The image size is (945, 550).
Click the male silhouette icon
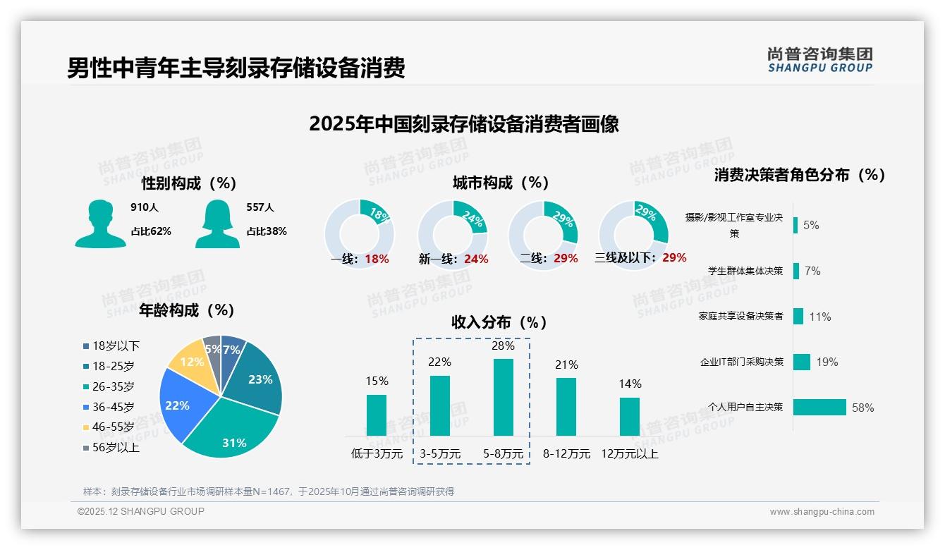tap(100, 224)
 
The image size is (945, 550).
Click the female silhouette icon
tap(217, 224)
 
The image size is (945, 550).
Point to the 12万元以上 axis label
tap(630, 454)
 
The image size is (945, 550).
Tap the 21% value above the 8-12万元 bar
tap(566, 365)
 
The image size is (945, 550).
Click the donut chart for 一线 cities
tap(360, 234)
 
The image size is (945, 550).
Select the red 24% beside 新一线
tap(476, 259)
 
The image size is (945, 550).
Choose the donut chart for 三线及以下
tap(633, 234)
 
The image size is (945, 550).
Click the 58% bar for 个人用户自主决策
tap(819, 408)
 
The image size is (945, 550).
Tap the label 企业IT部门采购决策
tap(741, 362)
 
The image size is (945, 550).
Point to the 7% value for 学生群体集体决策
tap(812, 271)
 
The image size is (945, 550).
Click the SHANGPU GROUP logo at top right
tap(820, 60)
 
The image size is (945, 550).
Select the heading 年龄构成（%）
tap(186, 310)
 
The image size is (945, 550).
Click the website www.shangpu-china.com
tap(822, 512)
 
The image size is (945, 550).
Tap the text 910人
tap(145, 207)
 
